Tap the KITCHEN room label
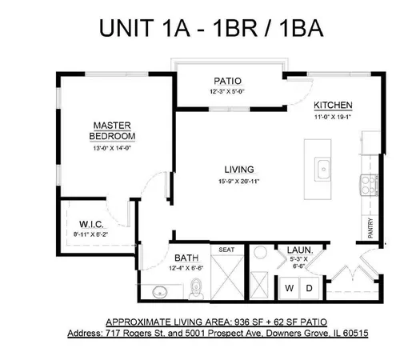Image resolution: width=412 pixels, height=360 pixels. (334, 106)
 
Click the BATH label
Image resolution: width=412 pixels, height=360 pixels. (186, 258)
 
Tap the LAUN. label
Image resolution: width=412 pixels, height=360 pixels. (300, 250)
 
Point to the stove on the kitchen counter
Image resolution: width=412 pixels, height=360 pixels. (370, 185)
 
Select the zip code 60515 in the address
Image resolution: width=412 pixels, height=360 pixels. (351, 330)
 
